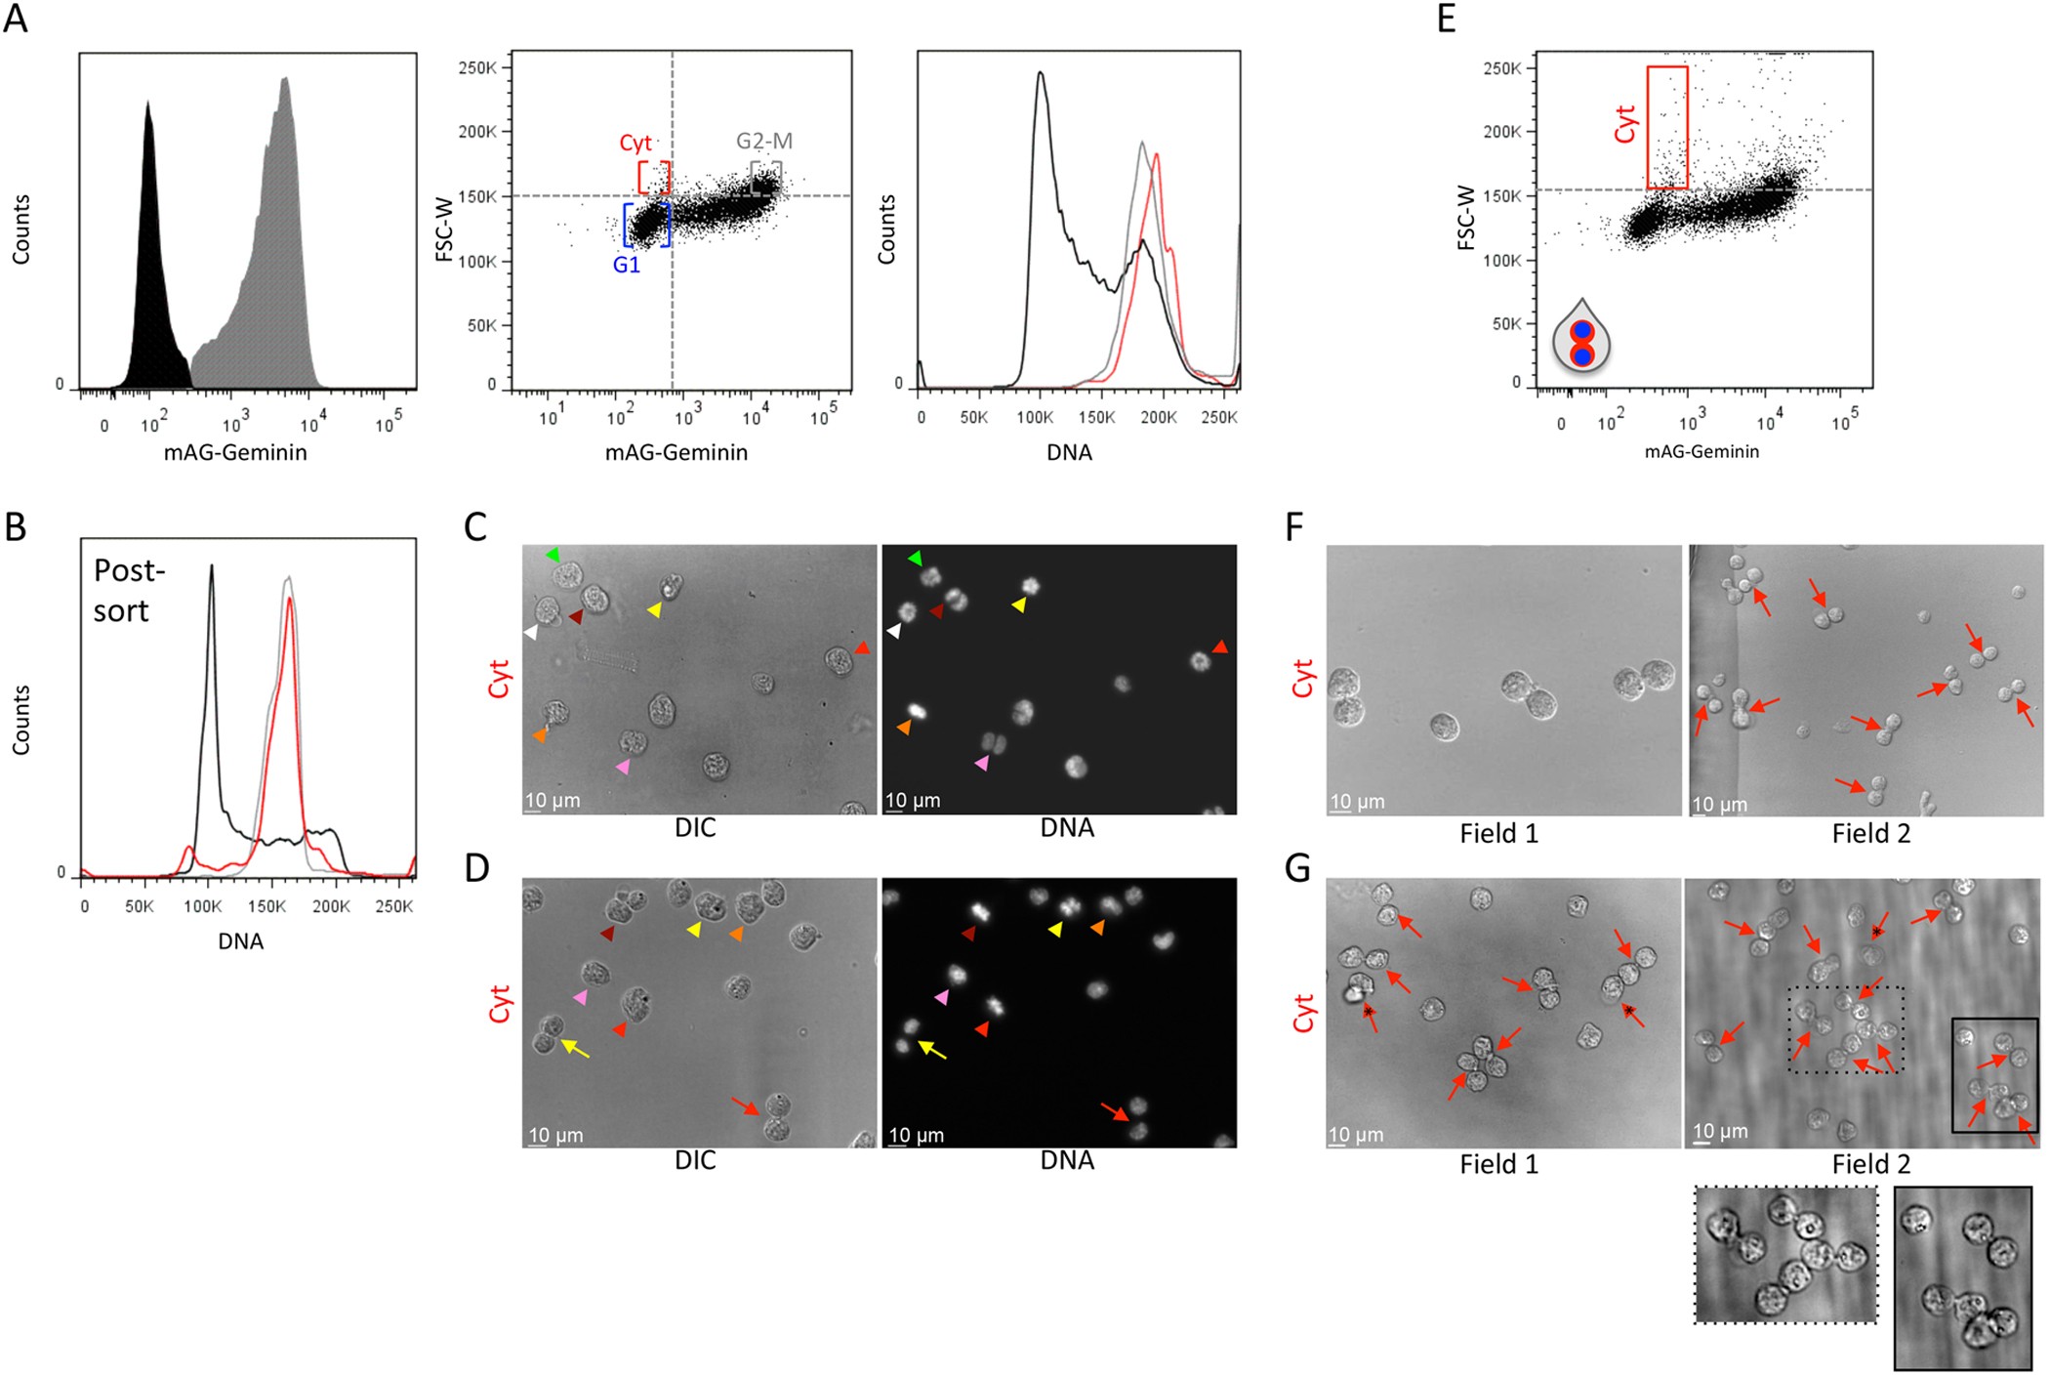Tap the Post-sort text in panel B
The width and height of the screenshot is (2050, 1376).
click(x=128, y=590)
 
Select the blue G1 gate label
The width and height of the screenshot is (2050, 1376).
click(x=627, y=265)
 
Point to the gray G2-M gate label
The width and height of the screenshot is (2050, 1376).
click(x=764, y=142)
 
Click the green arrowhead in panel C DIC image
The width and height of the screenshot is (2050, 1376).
click(x=553, y=555)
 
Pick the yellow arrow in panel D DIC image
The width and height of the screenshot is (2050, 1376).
click(x=577, y=1050)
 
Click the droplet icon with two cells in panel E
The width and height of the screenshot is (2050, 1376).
click(x=1581, y=337)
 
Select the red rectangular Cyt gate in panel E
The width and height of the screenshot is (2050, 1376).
click(x=1667, y=127)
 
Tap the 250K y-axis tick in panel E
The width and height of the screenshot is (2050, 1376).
click(x=1501, y=68)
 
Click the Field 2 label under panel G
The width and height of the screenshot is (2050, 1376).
click(x=1870, y=1164)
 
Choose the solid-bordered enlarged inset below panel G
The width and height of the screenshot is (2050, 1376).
click(x=1962, y=1278)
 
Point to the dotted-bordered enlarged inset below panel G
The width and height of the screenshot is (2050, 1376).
click(x=1785, y=1255)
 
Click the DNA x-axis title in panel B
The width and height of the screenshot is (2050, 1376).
click(x=241, y=941)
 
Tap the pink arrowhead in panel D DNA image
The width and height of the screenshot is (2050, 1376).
click(x=942, y=997)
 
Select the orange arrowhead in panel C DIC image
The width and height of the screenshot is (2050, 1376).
click(x=540, y=734)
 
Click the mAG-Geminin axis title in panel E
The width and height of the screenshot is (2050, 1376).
click(x=1701, y=451)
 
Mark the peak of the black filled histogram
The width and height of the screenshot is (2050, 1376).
click(x=147, y=103)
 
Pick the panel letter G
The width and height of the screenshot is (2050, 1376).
click(x=1297, y=867)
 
